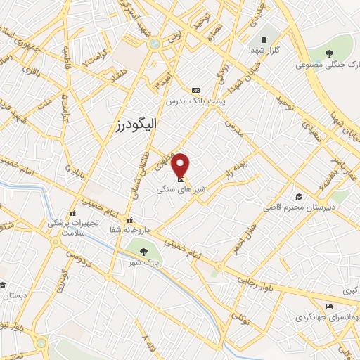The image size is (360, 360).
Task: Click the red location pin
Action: pos(181,165)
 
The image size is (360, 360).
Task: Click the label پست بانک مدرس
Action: pos(195,102)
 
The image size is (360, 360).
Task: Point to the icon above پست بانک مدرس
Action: pos(195,90)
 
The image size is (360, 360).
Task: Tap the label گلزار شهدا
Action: pos(263,51)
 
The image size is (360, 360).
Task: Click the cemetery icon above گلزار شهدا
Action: pos(264,39)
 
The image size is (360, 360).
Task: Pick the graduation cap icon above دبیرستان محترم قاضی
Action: pos(299,196)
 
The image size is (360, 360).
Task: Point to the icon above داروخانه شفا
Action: pos(129,221)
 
